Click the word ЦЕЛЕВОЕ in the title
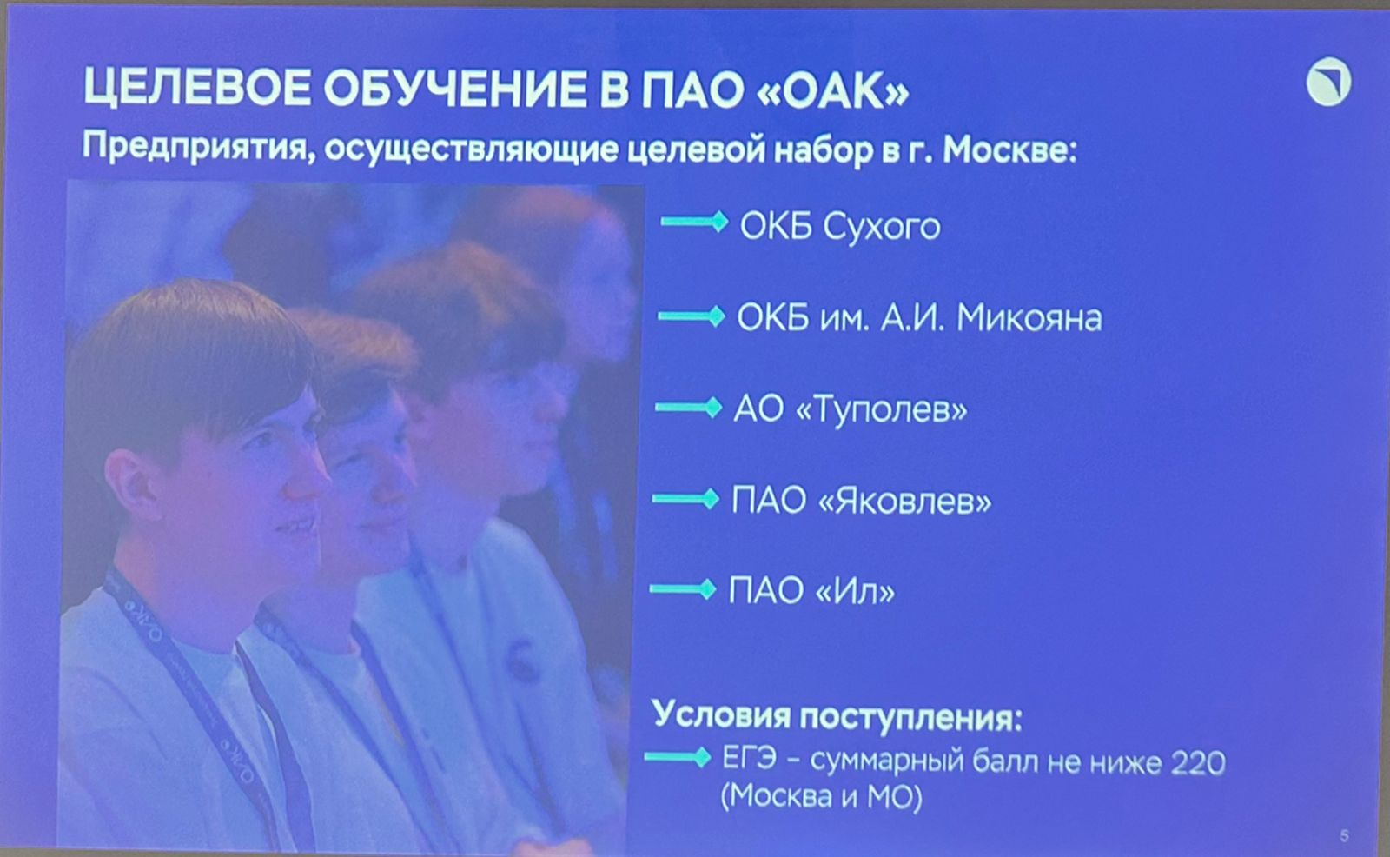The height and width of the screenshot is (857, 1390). pos(196,88)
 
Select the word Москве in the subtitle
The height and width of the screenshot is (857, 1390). pos(1009,149)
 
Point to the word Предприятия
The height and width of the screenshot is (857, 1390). pos(199,149)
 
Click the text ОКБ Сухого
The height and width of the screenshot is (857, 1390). pos(839,226)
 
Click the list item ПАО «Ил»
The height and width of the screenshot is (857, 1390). pos(811,590)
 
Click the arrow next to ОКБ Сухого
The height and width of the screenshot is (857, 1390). pos(694,222)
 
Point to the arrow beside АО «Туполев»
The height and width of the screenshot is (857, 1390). pos(689,408)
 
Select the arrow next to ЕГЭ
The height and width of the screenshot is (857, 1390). pos(678,757)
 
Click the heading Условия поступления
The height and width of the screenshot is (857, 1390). pos(837,717)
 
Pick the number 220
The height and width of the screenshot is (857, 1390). pos(1198,762)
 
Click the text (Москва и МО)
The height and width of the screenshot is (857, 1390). pos(822,796)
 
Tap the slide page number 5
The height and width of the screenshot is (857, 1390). pos(1344,836)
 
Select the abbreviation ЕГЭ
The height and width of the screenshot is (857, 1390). pos(750,758)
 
